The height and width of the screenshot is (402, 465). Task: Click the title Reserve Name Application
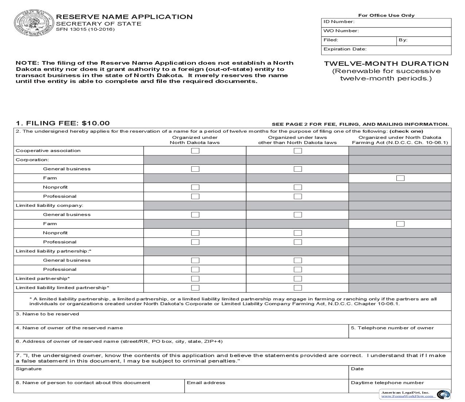click(x=124, y=17)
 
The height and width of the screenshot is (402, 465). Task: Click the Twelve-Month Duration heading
click(x=386, y=64)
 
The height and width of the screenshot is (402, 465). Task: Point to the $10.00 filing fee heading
click(x=63, y=123)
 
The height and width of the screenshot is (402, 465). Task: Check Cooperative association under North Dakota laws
click(x=195, y=151)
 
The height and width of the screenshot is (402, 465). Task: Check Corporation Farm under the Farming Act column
click(x=400, y=178)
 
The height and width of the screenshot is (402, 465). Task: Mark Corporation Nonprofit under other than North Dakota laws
click(x=298, y=187)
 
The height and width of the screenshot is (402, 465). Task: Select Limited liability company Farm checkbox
click(x=400, y=224)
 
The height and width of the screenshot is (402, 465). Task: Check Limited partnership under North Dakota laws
click(x=195, y=278)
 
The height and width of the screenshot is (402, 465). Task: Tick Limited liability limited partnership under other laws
click(x=298, y=288)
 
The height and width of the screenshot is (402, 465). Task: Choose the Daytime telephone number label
click(x=387, y=383)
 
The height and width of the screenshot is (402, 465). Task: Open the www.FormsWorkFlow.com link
click(x=407, y=396)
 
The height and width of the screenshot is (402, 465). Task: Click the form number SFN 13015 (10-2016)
click(x=85, y=30)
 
